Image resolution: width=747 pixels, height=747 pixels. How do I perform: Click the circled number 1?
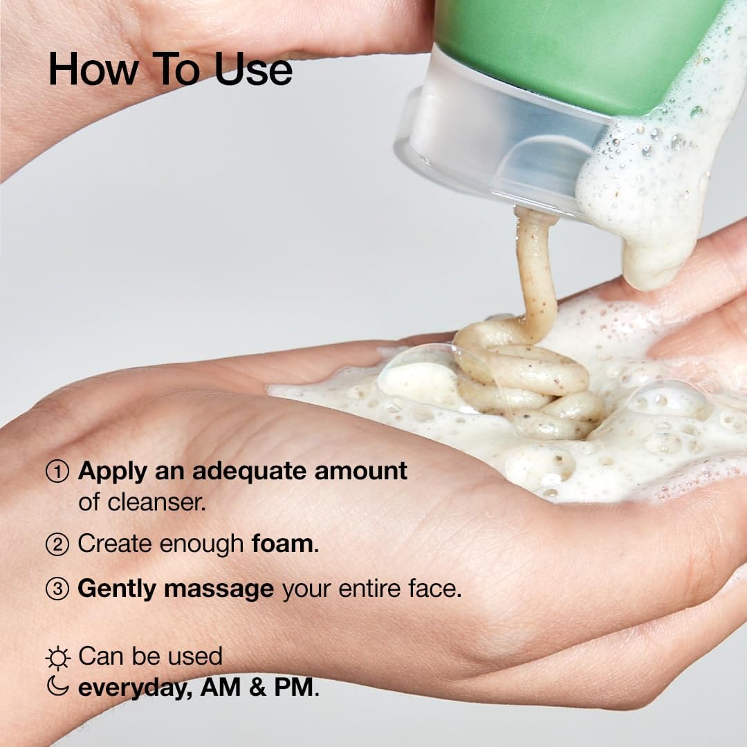(57, 472)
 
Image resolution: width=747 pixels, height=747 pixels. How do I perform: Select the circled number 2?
(57, 544)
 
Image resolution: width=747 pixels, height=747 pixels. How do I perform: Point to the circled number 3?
(57, 589)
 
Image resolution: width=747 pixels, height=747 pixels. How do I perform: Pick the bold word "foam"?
(282, 544)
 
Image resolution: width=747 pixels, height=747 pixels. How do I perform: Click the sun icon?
(57, 658)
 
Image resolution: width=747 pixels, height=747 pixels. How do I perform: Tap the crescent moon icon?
(57, 685)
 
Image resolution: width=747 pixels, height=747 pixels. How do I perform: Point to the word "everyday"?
(134, 689)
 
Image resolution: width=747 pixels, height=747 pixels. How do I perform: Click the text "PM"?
(293, 688)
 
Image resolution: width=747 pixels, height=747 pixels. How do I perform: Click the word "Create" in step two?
(116, 544)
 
